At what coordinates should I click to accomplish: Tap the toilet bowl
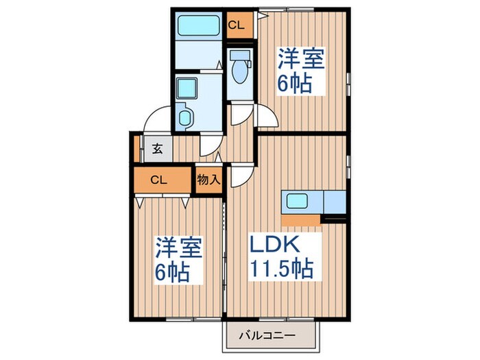tap(240, 71)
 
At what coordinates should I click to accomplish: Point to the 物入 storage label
tap(208, 180)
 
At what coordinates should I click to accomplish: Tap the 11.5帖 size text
tap(281, 268)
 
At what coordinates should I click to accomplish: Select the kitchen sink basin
tap(298, 202)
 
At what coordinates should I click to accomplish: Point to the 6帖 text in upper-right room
tap(295, 84)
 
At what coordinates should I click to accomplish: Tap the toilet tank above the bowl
tap(240, 55)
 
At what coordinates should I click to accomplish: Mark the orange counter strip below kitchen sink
tap(301, 219)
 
